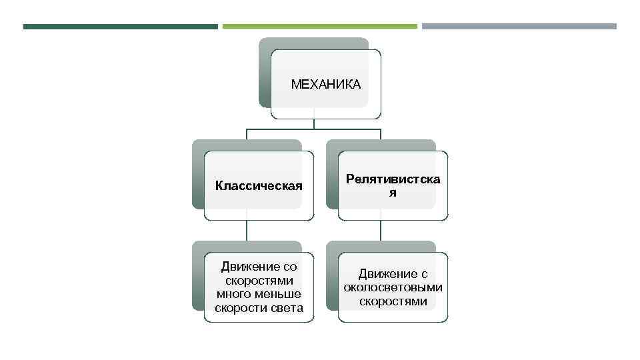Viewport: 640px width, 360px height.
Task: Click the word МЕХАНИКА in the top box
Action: tap(325, 85)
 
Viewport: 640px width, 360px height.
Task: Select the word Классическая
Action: tap(259, 185)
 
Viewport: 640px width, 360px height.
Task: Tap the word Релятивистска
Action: tap(393, 179)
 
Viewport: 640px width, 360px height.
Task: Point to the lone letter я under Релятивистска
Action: tap(393, 193)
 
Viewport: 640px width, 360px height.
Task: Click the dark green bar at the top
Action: tap(120, 27)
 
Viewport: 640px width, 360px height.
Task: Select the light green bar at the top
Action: tap(319, 27)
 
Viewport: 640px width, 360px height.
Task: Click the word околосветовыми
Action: tap(393, 287)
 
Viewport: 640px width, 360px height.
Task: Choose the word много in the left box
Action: tap(233, 294)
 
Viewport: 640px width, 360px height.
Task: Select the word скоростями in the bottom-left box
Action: tap(259, 281)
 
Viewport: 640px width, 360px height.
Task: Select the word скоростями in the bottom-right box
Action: tap(393, 301)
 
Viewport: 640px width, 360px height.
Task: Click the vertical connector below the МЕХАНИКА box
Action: tap(314, 123)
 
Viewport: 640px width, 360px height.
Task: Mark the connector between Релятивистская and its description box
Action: tap(381, 231)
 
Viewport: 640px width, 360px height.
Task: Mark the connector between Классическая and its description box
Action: tap(247, 231)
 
